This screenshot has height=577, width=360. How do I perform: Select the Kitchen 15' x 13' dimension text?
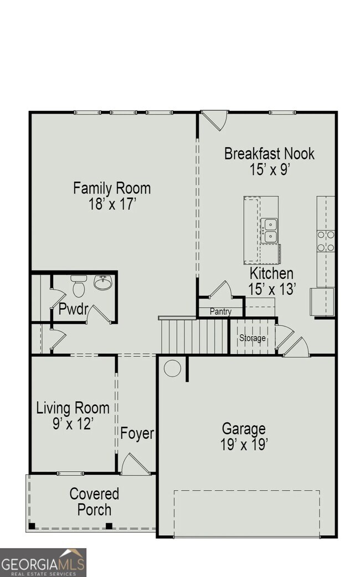pos(272,288)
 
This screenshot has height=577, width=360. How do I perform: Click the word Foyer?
pos(137,433)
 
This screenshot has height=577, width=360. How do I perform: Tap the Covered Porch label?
pos(94,501)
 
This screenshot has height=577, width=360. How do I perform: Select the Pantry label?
pos(220,312)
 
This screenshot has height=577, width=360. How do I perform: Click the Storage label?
pos(252,338)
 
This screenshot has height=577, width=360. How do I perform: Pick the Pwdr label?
pos(73,309)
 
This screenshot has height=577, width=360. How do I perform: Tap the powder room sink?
pos(103,283)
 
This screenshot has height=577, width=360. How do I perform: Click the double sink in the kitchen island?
pos(270,231)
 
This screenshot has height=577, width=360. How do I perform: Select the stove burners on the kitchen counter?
pos(326,241)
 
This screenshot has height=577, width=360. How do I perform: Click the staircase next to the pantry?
pos(194,336)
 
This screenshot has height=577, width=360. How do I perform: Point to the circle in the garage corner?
pos(172,368)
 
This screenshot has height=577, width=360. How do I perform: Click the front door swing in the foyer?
pos(135,464)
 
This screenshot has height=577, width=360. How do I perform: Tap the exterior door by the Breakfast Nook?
pos(215,120)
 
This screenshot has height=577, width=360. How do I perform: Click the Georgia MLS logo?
pos(43,562)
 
